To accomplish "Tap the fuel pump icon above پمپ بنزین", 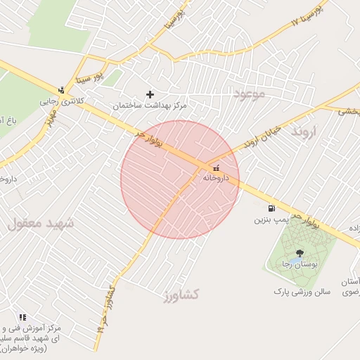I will (x=271, y=208).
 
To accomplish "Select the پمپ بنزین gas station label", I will (x=271, y=219).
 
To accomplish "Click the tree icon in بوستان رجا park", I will (x=300, y=253).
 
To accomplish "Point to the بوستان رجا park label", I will (x=296, y=264).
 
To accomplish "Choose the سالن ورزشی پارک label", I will (x=303, y=290).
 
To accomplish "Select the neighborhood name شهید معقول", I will (x=41, y=224).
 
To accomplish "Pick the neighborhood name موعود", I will (x=250, y=94).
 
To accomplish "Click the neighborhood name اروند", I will (x=305, y=131).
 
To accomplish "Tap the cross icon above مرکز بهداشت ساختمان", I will (x=150, y=94).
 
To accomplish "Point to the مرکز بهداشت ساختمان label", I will (x=150, y=105).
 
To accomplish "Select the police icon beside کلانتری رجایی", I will (x=62, y=89).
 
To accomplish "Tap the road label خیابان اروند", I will (x=262, y=138).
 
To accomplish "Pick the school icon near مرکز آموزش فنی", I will (x=23, y=317).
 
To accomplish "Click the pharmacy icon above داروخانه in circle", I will (x=215, y=168).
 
